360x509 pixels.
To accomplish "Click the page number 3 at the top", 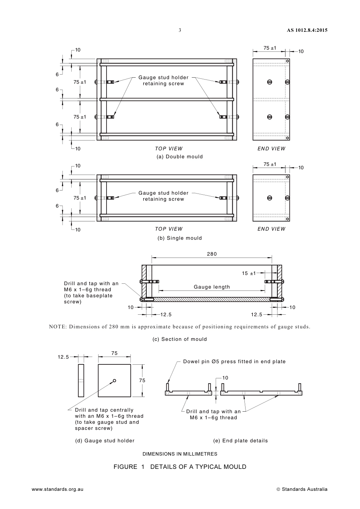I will coord(180,30).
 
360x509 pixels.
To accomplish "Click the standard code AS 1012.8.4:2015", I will coord(307,30).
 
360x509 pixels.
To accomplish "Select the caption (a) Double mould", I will coord(180,157).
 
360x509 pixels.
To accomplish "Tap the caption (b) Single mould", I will coord(180,238).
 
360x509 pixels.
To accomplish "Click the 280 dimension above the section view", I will coord(212,254).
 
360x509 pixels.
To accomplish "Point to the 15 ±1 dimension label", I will coord(249,273).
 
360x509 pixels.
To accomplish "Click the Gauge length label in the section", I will coord(212,287).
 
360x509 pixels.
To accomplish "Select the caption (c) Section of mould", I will coord(180,339).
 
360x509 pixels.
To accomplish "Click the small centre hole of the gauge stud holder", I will coord(114,381).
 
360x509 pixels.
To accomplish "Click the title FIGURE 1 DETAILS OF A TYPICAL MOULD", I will coord(180,467).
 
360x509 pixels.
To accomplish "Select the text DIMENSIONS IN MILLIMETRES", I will coord(180,454).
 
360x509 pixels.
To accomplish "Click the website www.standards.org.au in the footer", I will coord(58,489).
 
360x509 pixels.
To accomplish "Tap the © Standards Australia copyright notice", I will coord(302,489).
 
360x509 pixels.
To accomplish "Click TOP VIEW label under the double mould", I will coord(169,149).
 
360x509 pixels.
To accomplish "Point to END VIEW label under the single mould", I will coord(271,229).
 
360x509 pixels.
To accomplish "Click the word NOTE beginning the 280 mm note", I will coord(57,327).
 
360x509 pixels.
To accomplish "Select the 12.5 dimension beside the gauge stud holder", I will coord(63,357).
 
